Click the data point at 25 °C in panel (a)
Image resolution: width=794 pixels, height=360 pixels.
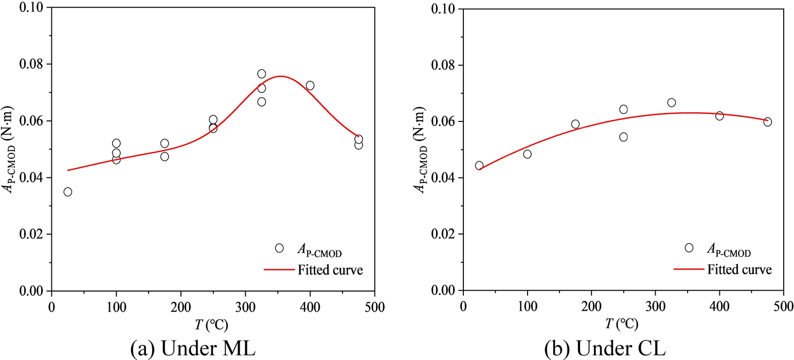click(68, 192)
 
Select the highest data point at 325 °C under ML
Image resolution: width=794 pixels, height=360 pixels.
click(262, 74)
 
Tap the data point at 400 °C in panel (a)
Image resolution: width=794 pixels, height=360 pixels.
click(310, 85)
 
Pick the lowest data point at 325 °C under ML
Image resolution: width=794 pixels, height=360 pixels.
click(262, 102)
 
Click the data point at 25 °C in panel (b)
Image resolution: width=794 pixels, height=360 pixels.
click(479, 166)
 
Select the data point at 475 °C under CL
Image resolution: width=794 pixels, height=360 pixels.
click(768, 122)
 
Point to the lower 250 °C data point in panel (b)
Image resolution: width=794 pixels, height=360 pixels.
click(623, 137)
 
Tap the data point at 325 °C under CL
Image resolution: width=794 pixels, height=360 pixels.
click(672, 103)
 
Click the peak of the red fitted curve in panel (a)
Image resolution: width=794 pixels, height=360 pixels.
click(281, 76)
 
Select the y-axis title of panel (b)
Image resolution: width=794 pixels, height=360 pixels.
click(420, 149)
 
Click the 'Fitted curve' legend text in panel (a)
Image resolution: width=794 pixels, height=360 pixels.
click(329, 269)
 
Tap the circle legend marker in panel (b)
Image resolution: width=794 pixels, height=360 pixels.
click(689, 248)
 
